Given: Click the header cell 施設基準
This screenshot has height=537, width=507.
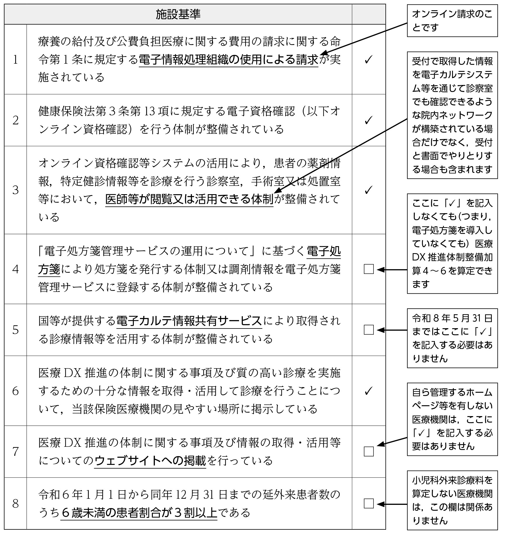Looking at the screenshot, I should coord(178,14).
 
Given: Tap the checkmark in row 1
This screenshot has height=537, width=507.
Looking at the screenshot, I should coord(368,60).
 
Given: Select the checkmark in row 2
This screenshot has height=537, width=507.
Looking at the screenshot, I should coord(368,120).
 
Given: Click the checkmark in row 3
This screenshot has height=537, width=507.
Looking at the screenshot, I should coord(368,190).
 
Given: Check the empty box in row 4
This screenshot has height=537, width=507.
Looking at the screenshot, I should coord(369,269).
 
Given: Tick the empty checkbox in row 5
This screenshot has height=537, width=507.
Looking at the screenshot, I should coord(369,330).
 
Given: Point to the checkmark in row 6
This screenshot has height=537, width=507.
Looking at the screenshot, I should coord(368,391).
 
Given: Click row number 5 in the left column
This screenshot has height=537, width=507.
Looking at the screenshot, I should coord(15,330).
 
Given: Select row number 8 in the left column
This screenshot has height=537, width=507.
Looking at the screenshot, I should coord(15,503).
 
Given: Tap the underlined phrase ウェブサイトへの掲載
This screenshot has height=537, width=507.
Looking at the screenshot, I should coord(150,461).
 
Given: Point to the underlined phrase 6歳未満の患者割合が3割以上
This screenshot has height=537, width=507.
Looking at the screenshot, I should coord(139,513).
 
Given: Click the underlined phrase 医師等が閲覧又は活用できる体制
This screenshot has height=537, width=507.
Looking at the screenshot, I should coord(189,199).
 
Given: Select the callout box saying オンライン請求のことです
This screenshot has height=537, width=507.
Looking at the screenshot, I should coord(452,21).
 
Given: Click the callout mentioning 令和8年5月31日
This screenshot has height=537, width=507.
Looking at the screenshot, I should coord(452,338).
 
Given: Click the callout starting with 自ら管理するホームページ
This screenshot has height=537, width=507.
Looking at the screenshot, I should coord(452,419).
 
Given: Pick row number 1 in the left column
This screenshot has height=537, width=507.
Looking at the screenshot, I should coord(15,60).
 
